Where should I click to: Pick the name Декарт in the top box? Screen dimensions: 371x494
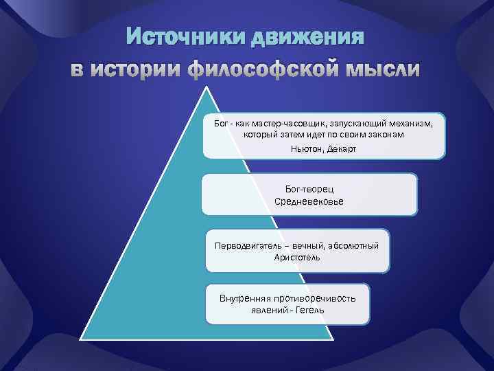[x=344, y=149]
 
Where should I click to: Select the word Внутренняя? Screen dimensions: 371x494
[x=244, y=299]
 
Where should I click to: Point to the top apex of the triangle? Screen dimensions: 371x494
[x=204, y=87]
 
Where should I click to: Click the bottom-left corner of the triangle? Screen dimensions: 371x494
[x=81, y=337]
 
